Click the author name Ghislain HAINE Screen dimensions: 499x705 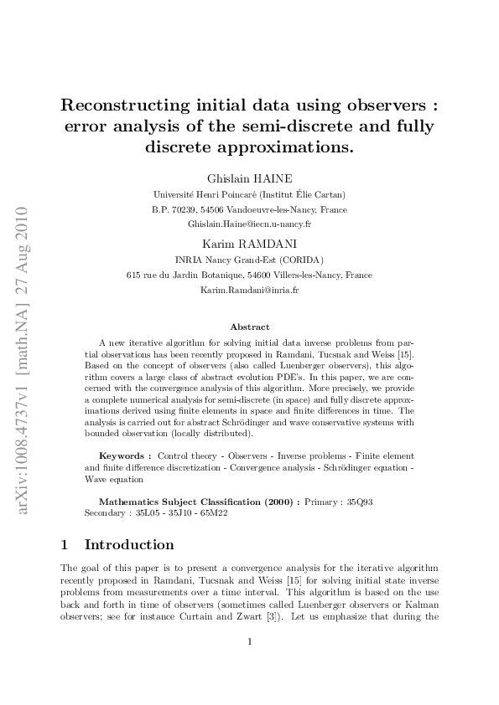(x=250, y=178)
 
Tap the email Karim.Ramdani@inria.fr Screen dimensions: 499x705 (x=250, y=290)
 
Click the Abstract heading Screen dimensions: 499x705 (x=250, y=327)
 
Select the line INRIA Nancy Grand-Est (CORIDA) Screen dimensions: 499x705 (x=250, y=260)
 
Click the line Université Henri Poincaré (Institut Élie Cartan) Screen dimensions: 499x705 (x=250, y=194)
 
